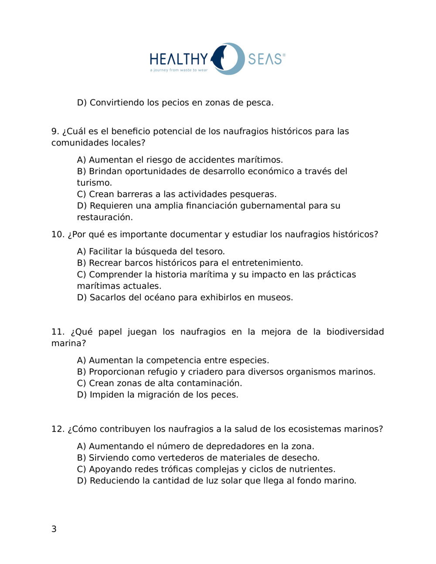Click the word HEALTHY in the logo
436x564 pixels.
click(x=179, y=59)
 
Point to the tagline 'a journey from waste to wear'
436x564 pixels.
click(x=179, y=70)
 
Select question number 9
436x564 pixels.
click(x=55, y=131)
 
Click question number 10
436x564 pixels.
click(x=58, y=234)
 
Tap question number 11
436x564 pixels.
click(x=58, y=332)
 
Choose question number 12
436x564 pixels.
click(x=58, y=429)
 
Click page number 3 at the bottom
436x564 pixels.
click(x=54, y=529)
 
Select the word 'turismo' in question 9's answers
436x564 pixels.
click(x=94, y=183)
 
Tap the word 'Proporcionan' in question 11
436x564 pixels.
click(x=116, y=372)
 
